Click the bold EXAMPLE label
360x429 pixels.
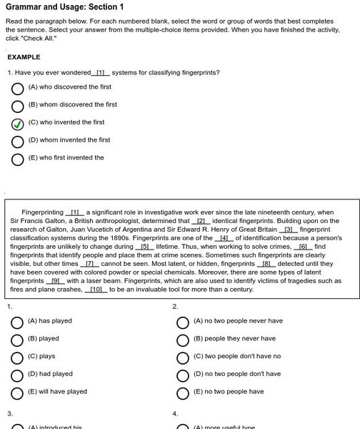click(24, 56)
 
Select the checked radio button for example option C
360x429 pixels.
click(18, 123)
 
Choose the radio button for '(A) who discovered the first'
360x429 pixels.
click(18, 88)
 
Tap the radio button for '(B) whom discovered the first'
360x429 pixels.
click(18, 106)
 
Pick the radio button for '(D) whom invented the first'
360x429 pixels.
click(18, 141)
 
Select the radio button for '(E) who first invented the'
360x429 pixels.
click(18, 159)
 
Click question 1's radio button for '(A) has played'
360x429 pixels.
click(17, 322)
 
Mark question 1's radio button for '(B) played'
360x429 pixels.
click(17, 340)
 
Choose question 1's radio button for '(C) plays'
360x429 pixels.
click(17, 357)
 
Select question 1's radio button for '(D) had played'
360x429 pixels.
click(17, 375)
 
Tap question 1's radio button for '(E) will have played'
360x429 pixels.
click(17, 393)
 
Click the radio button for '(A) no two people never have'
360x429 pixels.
click(182, 322)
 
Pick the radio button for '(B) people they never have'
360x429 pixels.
click(182, 340)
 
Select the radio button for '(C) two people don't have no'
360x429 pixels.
click(182, 357)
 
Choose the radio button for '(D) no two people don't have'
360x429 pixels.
click(182, 375)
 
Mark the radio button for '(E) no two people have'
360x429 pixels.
click(182, 393)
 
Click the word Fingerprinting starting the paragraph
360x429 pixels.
click(42, 212)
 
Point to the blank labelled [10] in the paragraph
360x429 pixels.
click(94, 290)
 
